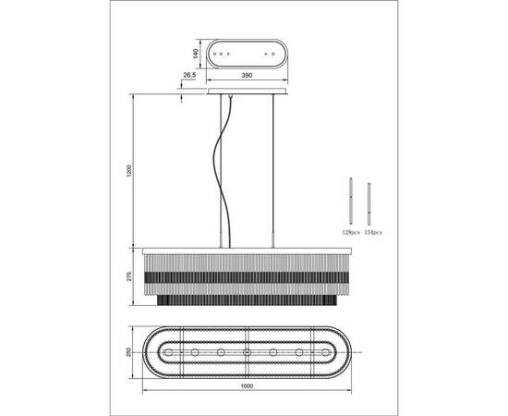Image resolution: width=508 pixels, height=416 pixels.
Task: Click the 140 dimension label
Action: (196, 54)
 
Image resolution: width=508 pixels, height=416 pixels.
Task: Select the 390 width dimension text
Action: (247, 75)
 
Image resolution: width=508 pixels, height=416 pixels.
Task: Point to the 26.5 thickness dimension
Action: (189, 75)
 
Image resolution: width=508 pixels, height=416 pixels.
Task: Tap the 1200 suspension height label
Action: (129, 171)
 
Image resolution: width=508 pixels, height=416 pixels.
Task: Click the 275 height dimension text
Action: (129, 276)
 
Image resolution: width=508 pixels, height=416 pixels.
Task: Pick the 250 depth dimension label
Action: (129, 352)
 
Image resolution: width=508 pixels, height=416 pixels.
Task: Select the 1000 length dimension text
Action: (247, 385)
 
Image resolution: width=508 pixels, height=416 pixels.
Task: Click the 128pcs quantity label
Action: (351, 232)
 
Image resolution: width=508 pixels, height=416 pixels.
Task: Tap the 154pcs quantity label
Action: (373, 232)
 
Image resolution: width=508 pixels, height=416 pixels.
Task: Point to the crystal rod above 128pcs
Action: (351, 201)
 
